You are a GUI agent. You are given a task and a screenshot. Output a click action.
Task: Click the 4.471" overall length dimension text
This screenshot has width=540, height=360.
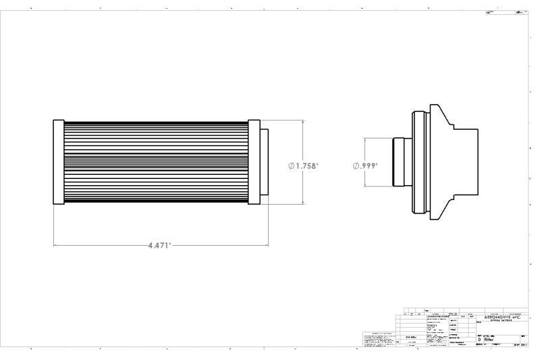click(160, 245)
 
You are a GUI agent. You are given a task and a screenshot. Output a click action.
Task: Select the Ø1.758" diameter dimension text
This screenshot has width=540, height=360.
click(303, 165)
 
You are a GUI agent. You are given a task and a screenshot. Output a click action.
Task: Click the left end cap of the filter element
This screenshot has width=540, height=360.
click(58, 162)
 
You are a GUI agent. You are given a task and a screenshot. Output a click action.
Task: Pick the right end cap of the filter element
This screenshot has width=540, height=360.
click(254, 162)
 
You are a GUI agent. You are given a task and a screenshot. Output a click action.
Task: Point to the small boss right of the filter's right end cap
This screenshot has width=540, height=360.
click(264, 162)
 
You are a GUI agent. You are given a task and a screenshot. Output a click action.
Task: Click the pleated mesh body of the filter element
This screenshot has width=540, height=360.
click(155, 162)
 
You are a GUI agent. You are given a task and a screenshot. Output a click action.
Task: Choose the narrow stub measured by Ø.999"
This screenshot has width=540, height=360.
click(398, 162)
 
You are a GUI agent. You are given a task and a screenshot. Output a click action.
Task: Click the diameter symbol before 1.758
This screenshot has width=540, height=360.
click(291, 165)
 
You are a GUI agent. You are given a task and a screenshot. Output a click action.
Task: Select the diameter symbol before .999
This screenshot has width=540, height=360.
click(356, 165)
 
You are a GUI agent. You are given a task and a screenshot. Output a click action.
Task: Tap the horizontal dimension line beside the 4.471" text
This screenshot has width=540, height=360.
click(101, 245)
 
